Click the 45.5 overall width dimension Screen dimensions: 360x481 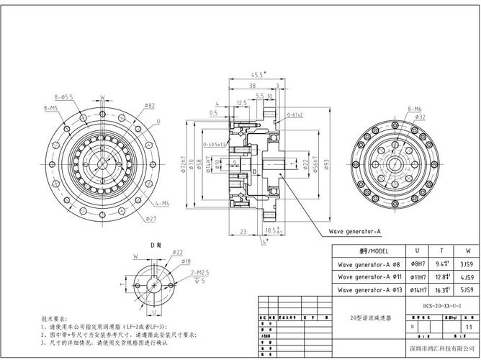coord(257,74)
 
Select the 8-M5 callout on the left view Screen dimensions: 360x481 coord(51,107)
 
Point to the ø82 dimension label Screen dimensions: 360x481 coord(149,105)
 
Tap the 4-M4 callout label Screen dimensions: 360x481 coord(161,204)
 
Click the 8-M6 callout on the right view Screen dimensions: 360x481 coord(415,109)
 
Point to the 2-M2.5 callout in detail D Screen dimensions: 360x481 coord(200,273)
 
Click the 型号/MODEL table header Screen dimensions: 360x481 coord(367,251)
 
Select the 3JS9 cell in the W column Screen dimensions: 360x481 coord(467,264)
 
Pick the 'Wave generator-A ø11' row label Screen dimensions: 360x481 coord(367,276)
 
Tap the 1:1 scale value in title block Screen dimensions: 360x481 coord(468,326)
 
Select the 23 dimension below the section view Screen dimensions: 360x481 coord(243,231)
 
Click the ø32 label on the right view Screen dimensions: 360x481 coord(421,117)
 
